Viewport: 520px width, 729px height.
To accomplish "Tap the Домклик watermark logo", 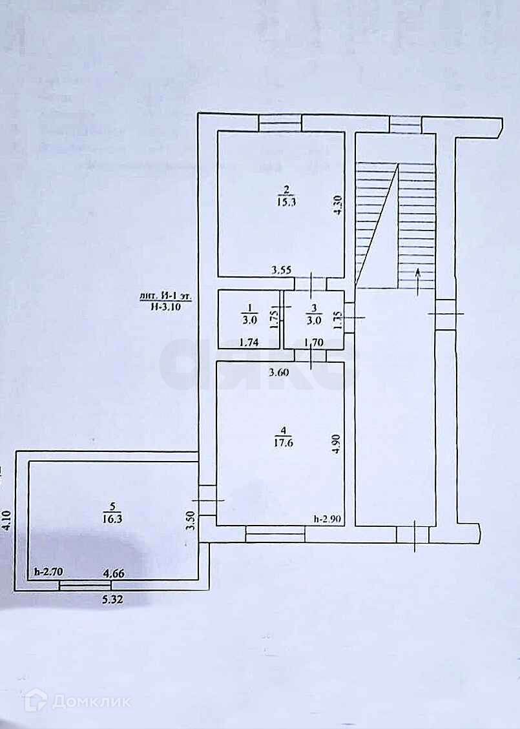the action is coord(77,701).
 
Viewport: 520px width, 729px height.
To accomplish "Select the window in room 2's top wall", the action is coord(280,122).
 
